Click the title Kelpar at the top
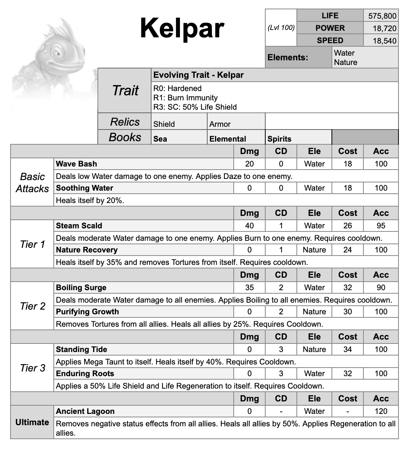click(182, 28)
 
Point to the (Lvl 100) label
click(281, 28)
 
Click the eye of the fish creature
click(58, 52)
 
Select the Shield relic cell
click(164, 124)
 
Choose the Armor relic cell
click(220, 124)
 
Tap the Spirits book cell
click(279, 139)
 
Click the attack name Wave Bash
click(77, 164)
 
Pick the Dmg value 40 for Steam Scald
click(249, 226)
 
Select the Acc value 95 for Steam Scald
click(381, 226)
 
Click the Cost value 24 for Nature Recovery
click(347, 250)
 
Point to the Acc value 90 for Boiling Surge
click(381, 287)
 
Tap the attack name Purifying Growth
click(87, 312)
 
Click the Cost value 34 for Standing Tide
click(347, 349)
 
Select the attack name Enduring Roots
click(85, 373)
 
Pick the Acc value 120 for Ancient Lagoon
click(381, 411)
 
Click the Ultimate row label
click(32, 422)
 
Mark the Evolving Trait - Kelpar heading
click(198, 75)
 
